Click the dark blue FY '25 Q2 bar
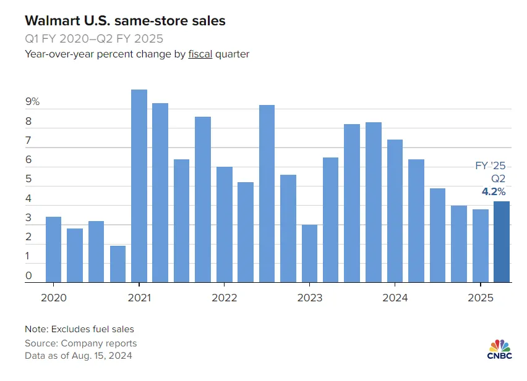[502, 241]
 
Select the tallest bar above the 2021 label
[139, 186]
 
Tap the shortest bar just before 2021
[118, 264]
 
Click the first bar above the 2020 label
[53, 249]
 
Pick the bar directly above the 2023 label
[309, 253]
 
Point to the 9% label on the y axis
[33, 102]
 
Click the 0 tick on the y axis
[28, 276]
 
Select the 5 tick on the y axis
[28, 180]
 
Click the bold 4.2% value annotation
[494, 191]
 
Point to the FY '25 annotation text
[491, 165]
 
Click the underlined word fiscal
[200, 54]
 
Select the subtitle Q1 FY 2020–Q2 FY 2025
[94, 38]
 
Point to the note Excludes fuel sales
[79, 329]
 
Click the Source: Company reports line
[80, 343]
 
